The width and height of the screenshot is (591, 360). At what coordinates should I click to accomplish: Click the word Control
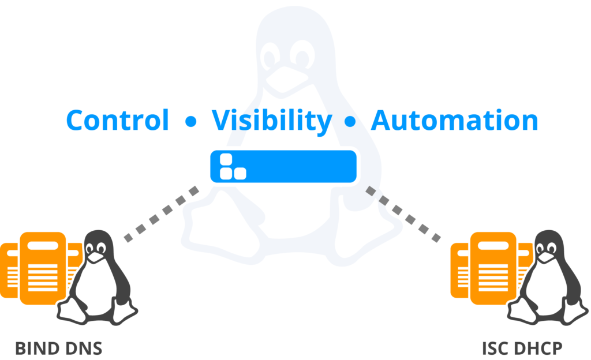point(117,120)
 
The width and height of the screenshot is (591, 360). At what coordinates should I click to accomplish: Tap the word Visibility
point(271,121)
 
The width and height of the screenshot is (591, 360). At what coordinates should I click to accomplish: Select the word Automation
point(454,121)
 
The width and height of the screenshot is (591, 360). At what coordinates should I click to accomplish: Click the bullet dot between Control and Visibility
point(191,121)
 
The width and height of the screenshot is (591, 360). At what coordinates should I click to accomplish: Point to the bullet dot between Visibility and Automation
point(350,121)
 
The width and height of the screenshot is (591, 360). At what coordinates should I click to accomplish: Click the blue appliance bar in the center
point(283,167)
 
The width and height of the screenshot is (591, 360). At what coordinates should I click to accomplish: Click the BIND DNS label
point(58,348)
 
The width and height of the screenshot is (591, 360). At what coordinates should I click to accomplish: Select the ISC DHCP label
point(522,348)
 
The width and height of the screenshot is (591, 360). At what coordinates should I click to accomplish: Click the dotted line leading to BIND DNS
point(162,213)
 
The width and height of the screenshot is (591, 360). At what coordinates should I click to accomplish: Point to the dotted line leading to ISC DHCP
point(403,213)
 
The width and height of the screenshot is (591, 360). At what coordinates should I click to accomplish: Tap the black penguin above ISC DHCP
point(548,277)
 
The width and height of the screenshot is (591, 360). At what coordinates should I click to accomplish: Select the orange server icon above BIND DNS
point(41,268)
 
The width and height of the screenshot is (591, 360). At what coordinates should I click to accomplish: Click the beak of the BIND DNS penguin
point(96,257)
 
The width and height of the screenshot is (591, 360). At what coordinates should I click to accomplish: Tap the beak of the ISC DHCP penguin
point(546,257)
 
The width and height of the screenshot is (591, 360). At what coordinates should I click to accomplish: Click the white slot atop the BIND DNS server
point(43,246)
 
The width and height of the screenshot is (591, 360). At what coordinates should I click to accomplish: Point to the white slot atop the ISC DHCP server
point(493,246)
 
